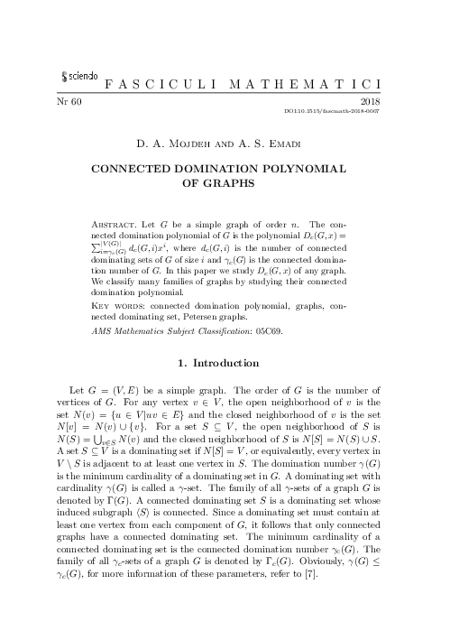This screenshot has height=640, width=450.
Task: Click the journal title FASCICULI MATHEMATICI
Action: [255, 83]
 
